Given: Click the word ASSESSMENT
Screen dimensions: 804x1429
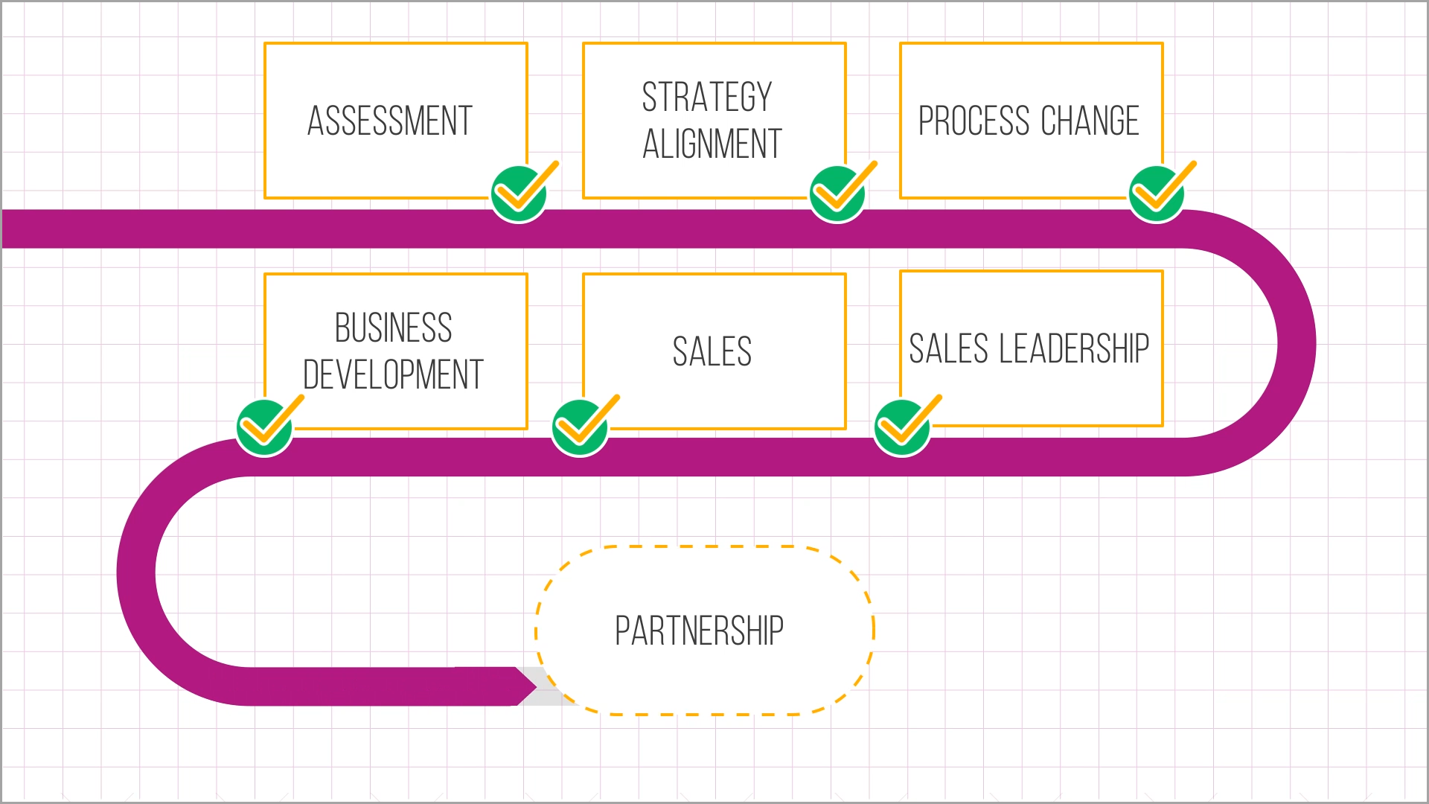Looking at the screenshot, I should pos(390,121).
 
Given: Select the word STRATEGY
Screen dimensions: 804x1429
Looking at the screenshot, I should pos(707,98).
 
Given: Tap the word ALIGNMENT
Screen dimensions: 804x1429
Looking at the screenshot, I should pos(712,144).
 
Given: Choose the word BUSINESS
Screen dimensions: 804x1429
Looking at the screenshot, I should pos(393,328).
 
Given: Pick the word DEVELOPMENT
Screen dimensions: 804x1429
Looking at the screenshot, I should pos(393,374).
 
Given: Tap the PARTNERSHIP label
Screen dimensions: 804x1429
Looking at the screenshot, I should pos(699,631).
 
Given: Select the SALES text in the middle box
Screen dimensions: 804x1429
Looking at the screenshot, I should pos(712,351).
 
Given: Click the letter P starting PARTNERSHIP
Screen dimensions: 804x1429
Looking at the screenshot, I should pos(622,631).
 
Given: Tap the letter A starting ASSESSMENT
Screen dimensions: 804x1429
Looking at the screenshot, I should pos(316,121).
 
